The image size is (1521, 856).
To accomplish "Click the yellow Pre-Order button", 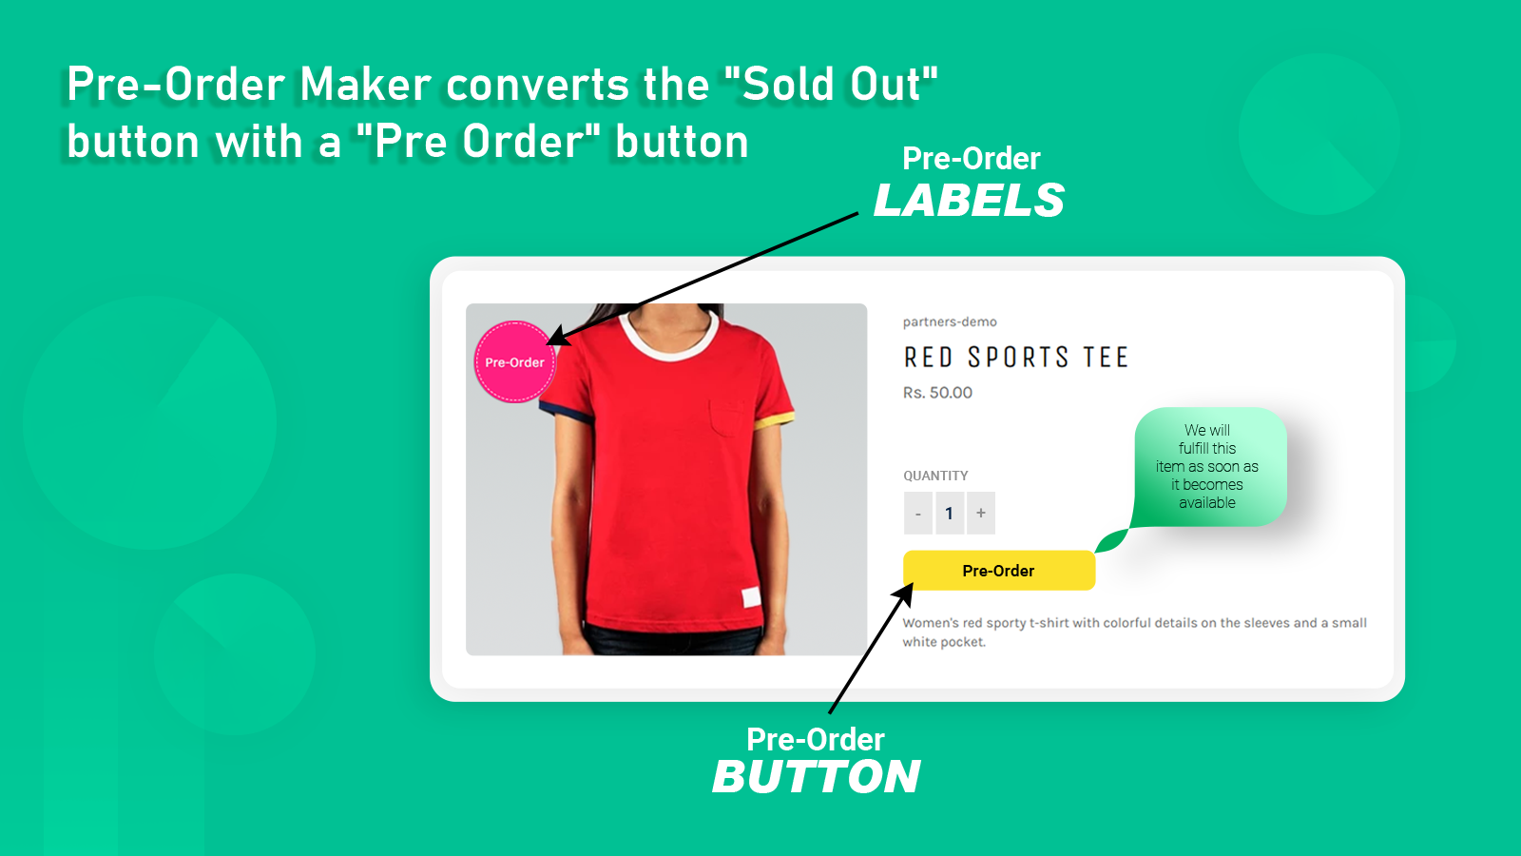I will coord(998,571).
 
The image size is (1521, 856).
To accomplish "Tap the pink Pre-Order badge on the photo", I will coord(514,362).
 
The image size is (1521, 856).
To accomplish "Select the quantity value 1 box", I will coord(950,514).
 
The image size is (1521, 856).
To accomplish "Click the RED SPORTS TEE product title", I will coord(1015,358).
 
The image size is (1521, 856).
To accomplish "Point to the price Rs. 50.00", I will coord(937,393).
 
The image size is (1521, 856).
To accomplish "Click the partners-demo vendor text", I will coord(950,322).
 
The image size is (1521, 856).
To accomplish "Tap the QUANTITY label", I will coord(935,476).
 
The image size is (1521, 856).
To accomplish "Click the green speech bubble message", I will coord(1208,466).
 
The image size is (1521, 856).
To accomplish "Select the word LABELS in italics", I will coord(969,201).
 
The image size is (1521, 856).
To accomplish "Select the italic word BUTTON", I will coord(817,777).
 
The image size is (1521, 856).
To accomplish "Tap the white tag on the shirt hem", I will coord(751,598).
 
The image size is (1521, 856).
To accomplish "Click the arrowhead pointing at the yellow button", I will coord(903,593).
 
